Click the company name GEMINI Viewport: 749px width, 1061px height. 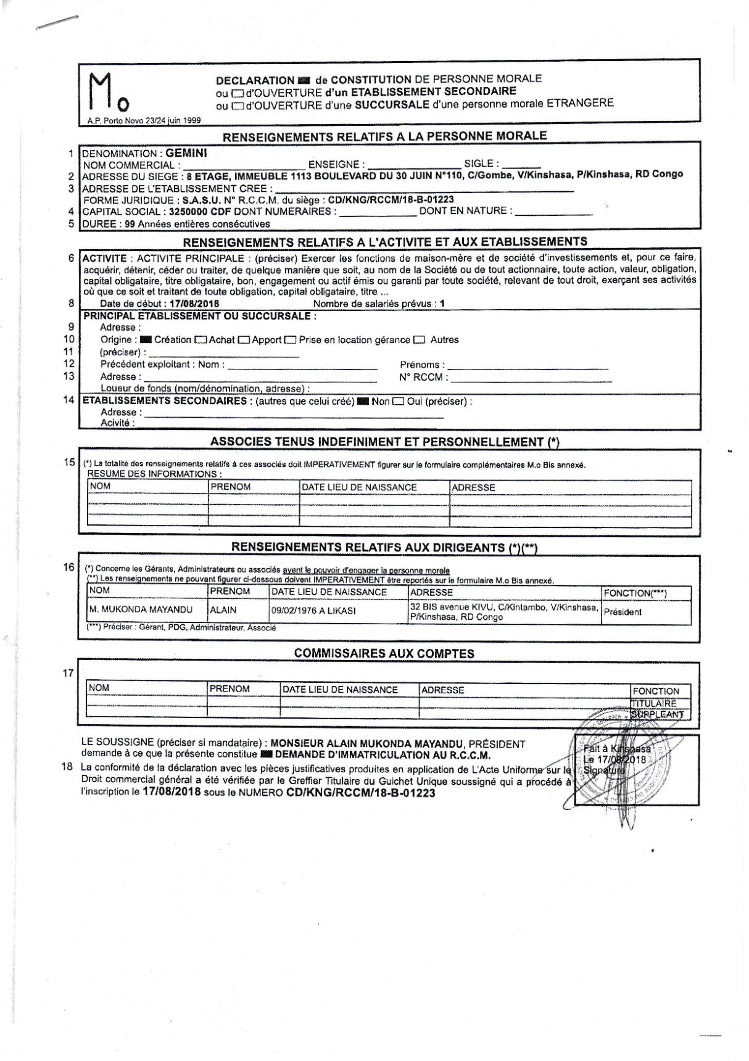tap(187, 153)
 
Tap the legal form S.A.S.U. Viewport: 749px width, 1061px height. tap(202, 200)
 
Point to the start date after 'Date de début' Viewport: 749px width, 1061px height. tap(194, 303)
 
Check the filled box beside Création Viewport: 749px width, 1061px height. tap(146, 340)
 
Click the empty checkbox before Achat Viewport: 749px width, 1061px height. tap(201, 340)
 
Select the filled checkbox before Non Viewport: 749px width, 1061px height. tap(363, 402)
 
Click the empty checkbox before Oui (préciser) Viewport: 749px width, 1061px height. tap(398, 402)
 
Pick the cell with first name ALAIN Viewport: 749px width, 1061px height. tap(223, 611)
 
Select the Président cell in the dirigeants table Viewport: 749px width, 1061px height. tap(623, 613)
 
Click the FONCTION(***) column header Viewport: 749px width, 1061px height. tap(635, 593)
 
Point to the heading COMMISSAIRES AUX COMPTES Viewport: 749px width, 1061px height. tap(384, 654)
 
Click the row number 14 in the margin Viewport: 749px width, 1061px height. tap(68, 400)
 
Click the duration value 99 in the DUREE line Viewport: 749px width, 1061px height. tap(130, 224)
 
